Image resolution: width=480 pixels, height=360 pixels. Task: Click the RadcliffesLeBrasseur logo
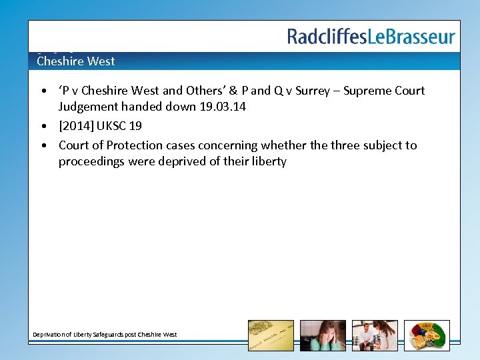(x=371, y=36)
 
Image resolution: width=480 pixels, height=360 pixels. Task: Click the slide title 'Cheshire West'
(x=75, y=61)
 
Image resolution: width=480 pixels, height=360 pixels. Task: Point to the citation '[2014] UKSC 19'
(x=100, y=125)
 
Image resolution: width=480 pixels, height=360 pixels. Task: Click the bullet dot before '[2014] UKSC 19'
(x=43, y=126)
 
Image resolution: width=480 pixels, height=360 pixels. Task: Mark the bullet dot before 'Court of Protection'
(x=43, y=145)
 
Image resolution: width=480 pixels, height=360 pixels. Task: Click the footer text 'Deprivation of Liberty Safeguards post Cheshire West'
(x=105, y=334)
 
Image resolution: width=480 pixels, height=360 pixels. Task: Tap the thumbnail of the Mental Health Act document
(x=271, y=335)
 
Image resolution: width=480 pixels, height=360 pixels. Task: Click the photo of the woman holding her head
(x=323, y=335)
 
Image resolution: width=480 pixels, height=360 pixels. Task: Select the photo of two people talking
(x=375, y=335)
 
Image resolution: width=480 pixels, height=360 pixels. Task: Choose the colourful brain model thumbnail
(x=427, y=335)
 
